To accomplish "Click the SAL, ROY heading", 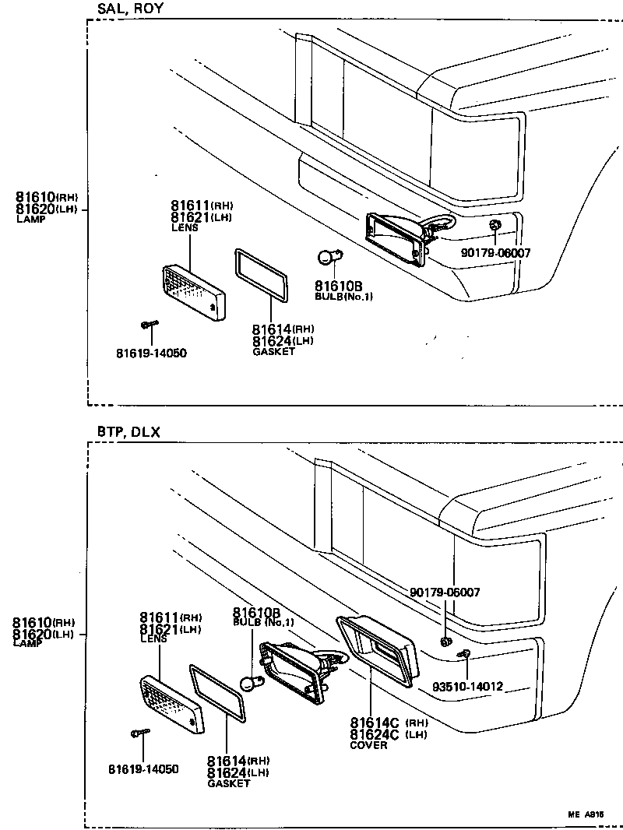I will point(130,9).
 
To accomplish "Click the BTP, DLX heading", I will point(128,432).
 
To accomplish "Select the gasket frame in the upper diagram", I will point(262,274).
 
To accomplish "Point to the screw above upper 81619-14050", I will point(150,324).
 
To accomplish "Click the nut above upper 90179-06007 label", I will point(495,226).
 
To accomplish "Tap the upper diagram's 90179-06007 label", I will point(495,253).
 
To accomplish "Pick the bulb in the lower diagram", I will point(250,684).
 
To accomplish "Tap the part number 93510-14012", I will point(467,688).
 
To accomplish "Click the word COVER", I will point(368,745).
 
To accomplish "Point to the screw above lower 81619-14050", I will point(139,733).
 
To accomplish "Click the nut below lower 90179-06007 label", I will point(445,641).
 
